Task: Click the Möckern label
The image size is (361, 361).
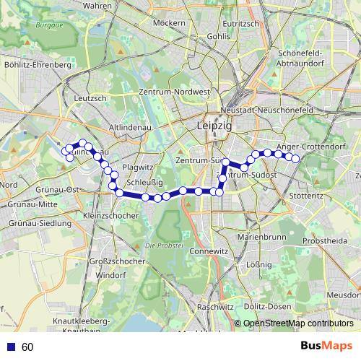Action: (x=170, y=23)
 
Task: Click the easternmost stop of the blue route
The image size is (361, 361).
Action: (x=295, y=158)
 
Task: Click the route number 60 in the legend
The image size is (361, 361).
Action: (x=28, y=347)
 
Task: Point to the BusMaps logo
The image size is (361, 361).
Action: (x=326, y=347)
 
